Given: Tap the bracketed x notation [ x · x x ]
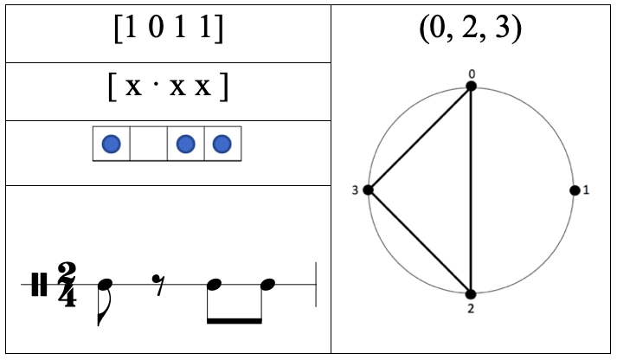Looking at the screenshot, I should [x=168, y=90].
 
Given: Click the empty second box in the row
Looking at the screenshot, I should [x=148, y=145].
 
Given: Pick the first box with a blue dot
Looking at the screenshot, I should [x=111, y=145].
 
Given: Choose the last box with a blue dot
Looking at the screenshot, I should [x=222, y=145].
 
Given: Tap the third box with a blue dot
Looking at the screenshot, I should [x=185, y=145].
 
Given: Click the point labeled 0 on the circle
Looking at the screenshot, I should [x=472, y=87].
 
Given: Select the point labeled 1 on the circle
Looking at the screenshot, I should [x=575, y=190].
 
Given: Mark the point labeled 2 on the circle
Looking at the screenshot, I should [x=472, y=294].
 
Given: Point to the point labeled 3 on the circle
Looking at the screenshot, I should [x=368, y=190].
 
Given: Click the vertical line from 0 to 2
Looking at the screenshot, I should [x=472, y=190].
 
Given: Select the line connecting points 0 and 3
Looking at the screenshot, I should [x=420, y=138].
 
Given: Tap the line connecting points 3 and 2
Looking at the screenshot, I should [x=420, y=242].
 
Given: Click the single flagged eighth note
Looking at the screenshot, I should [x=104, y=294].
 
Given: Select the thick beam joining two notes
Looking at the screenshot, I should [x=234, y=320].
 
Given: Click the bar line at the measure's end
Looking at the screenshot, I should [x=316, y=285].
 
